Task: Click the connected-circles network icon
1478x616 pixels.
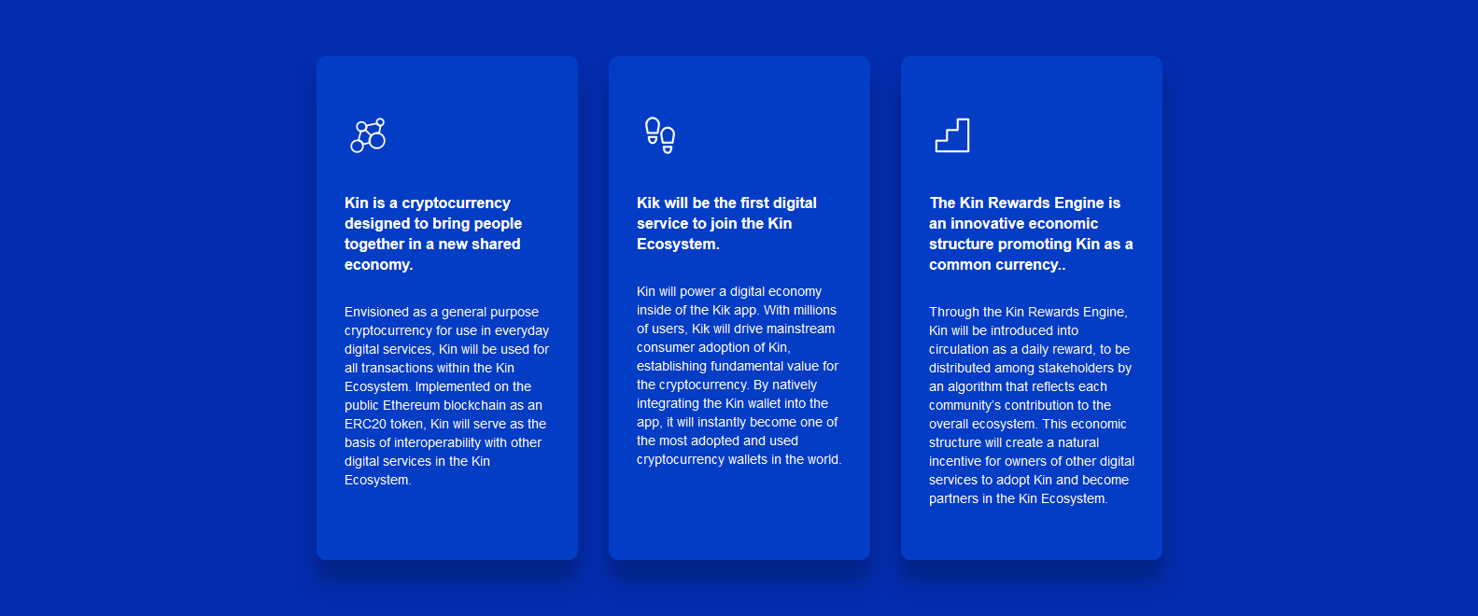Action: point(368,135)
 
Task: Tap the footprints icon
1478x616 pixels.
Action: point(660,135)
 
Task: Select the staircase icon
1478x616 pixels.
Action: point(952,135)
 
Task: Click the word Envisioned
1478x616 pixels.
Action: point(375,312)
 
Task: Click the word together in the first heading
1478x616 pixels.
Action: point(374,244)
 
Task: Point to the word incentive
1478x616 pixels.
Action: point(956,462)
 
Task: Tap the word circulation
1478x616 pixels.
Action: point(958,350)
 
